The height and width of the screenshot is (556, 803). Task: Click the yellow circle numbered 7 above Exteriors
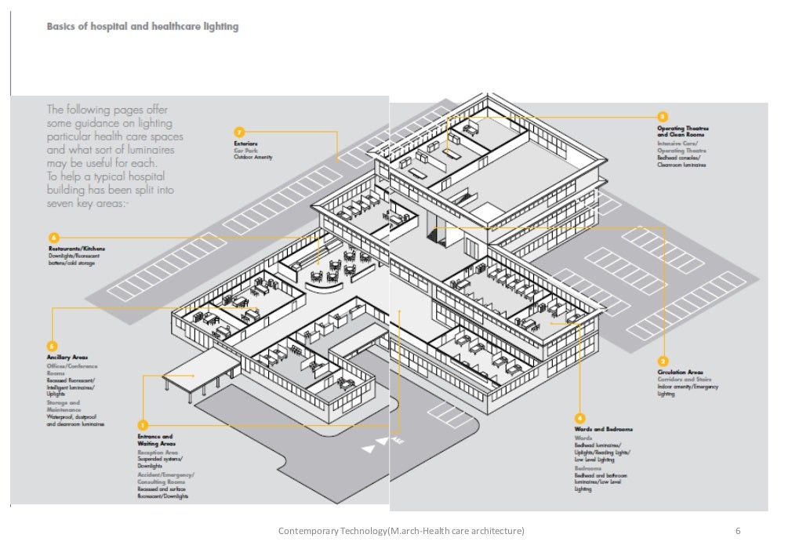pyautogui.click(x=240, y=131)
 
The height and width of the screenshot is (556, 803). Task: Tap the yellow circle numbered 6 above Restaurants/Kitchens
pyautogui.click(x=53, y=237)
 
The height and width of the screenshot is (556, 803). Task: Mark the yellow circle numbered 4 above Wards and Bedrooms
pyautogui.click(x=580, y=417)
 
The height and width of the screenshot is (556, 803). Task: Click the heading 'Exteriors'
pyautogui.click(x=245, y=144)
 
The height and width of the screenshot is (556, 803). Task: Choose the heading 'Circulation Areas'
pyautogui.click(x=680, y=372)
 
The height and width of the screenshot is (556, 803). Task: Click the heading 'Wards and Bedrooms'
pyautogui.click(x=603, y=430)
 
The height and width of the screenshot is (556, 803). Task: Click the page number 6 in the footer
pyautogui.click(x=738, y=532)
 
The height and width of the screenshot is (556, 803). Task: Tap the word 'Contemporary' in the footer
pyautogui.click(x=308, y=532)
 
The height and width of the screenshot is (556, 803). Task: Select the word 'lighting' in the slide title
pyautogui.click(x=220, y=27)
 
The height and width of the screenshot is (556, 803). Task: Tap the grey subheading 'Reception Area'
pyautogui.click(x=158, y=453)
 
